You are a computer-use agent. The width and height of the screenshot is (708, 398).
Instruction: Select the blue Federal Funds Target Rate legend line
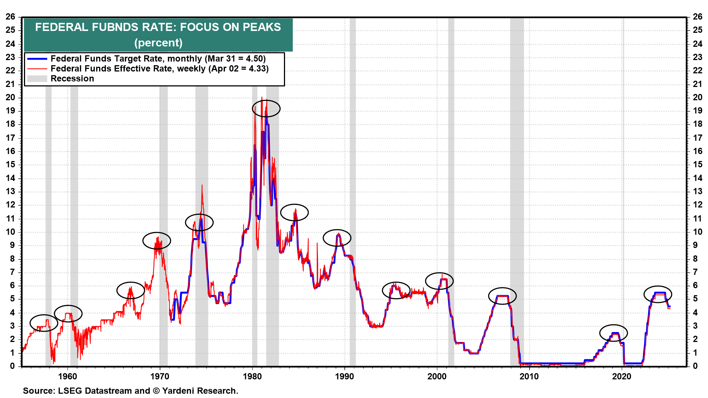tap(37, 59)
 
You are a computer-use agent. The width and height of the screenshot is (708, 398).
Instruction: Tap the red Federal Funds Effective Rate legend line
tap(37, 69)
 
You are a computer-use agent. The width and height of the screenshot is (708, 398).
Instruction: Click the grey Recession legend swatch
tap(37, 79)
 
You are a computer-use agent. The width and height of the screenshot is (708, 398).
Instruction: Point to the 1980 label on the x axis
tap(252, 377)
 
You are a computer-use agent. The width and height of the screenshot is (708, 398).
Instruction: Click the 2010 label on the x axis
tap(529, 377)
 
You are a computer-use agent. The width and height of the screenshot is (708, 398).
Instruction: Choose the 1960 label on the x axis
tap(67, 377)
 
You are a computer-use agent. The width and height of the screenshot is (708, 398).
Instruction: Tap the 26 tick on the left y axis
tap(10, 17)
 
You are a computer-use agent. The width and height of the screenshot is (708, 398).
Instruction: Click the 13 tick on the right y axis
tap(697, 192)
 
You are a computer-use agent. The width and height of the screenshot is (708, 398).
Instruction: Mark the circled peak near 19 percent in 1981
tap(266, 109)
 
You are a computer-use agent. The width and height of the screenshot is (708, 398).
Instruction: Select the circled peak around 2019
tap(613, 333)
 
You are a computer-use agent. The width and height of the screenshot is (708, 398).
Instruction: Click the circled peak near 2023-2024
tap(657, 294)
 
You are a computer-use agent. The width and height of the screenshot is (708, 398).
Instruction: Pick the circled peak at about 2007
tap(502, 296)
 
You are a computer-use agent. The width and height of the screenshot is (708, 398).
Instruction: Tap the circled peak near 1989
tap(337, 238)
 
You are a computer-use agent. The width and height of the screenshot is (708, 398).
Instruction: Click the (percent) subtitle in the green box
tap(158, 43)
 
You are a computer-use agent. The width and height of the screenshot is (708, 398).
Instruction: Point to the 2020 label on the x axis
tap(622, 377)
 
